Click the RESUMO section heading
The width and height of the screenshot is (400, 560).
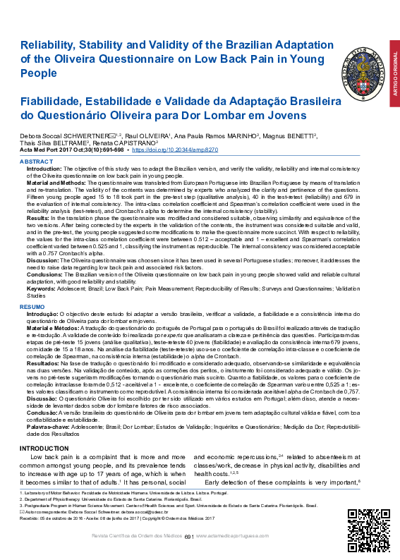tap(31, 308)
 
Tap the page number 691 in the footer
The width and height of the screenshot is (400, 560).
tap(188, 556)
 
